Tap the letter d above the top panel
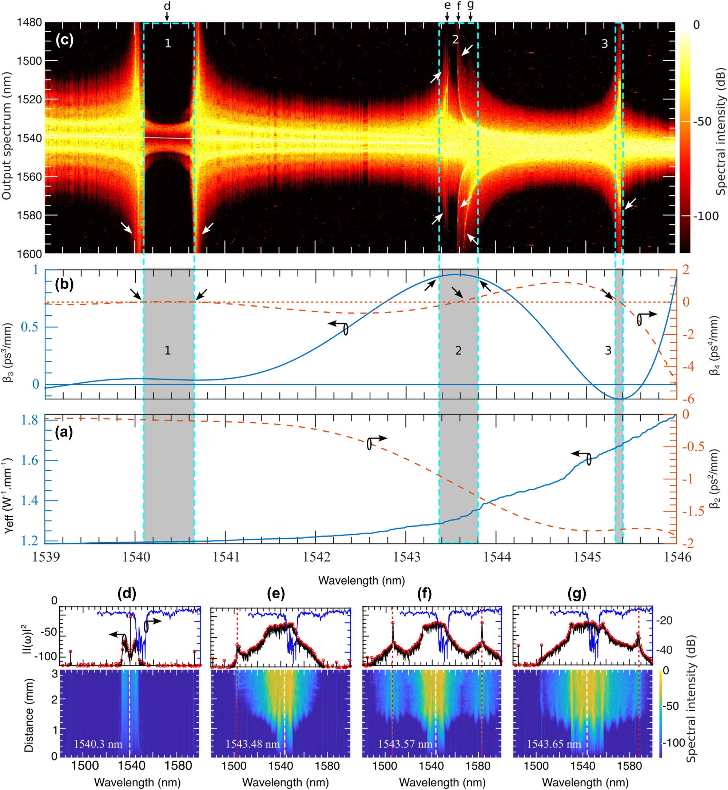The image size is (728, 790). tap(167, 6)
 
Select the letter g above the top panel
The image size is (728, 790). tap(470, 5)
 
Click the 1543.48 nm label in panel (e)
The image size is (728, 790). tap(252, 744)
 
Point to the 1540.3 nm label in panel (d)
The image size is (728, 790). tap(98, 744)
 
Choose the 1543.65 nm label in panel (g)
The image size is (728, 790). tap(554, 744)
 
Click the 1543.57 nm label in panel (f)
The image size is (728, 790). tap(405, 744)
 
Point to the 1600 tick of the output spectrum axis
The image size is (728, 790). tap(29, 254)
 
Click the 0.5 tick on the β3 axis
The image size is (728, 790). tap(30, 327)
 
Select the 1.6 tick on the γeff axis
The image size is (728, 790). tap(29, 460)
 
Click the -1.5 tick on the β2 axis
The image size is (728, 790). tap(693, 511)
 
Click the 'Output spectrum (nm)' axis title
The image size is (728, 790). tap(7, 136)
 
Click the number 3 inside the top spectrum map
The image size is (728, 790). tap(605, 44)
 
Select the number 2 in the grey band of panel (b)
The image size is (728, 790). tap(458, 351)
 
